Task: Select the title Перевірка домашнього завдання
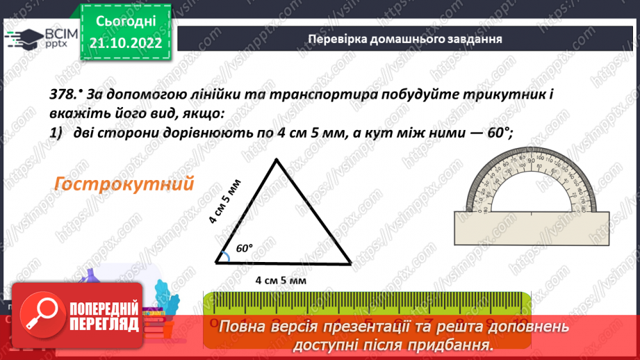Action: coord(405,38)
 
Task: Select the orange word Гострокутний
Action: coord(122,184)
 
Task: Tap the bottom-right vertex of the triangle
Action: coord(350,263)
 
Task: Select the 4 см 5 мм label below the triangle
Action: coord(281,281)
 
